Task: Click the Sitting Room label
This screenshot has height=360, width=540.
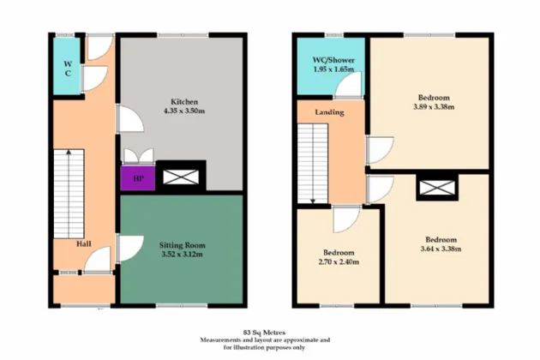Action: pyautogui.click(x=183, y=244)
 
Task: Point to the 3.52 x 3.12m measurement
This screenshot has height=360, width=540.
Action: pyautogui.click(x=183, y=255)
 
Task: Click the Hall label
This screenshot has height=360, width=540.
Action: pyautogui.click(x=84, y=244)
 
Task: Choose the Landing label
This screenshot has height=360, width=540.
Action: pyautogui.click(x=329, y=112)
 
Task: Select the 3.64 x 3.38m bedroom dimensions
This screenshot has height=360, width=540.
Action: pyautogui.click(x=441, y=249)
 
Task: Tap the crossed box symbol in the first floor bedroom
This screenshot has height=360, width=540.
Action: pyautogui.click(x=438, y=188)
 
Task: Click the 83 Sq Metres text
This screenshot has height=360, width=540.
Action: pyautogui.click(x=264, y=332)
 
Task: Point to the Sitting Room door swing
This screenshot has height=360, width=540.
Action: pyautogui.click(x=129, y=249)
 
